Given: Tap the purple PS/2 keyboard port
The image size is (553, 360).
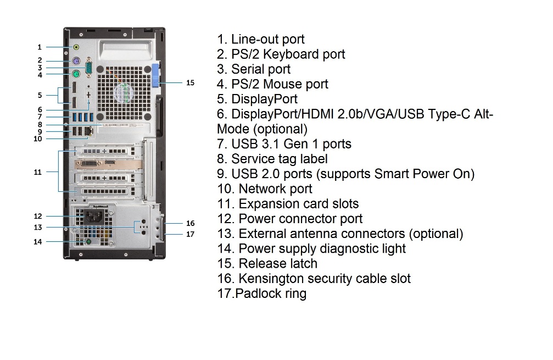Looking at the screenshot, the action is pyautogui.click(x=76, y=61).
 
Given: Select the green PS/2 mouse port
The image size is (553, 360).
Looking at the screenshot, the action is pyautogui.click(x=76, y=74).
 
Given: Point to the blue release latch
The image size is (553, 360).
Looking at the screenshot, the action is pyautogui.click(x=157, y=75).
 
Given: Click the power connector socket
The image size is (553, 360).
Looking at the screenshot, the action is pyautogui.click(x=94, y=215).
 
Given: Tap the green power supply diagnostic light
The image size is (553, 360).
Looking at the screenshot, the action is pyautogui.click(x=88, y=242).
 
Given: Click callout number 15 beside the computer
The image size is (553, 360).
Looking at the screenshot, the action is pyautogui.click(x=190, y=82).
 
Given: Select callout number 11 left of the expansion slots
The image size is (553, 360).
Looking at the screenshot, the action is pyautogui.click(x=38, y=172).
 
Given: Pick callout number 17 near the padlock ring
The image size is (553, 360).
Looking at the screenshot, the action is pyautogui.click(x=190, y=234).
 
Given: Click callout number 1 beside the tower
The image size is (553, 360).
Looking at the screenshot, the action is pyautogui.click(x=40, y=47).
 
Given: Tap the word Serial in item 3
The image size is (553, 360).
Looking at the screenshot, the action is pyautogui.click(x=247, y=69).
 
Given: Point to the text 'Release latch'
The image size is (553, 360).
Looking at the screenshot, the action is pyautogui.click(x=278, y=264).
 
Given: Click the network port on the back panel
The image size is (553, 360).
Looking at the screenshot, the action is pyautogui.click(x=89, y=131).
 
